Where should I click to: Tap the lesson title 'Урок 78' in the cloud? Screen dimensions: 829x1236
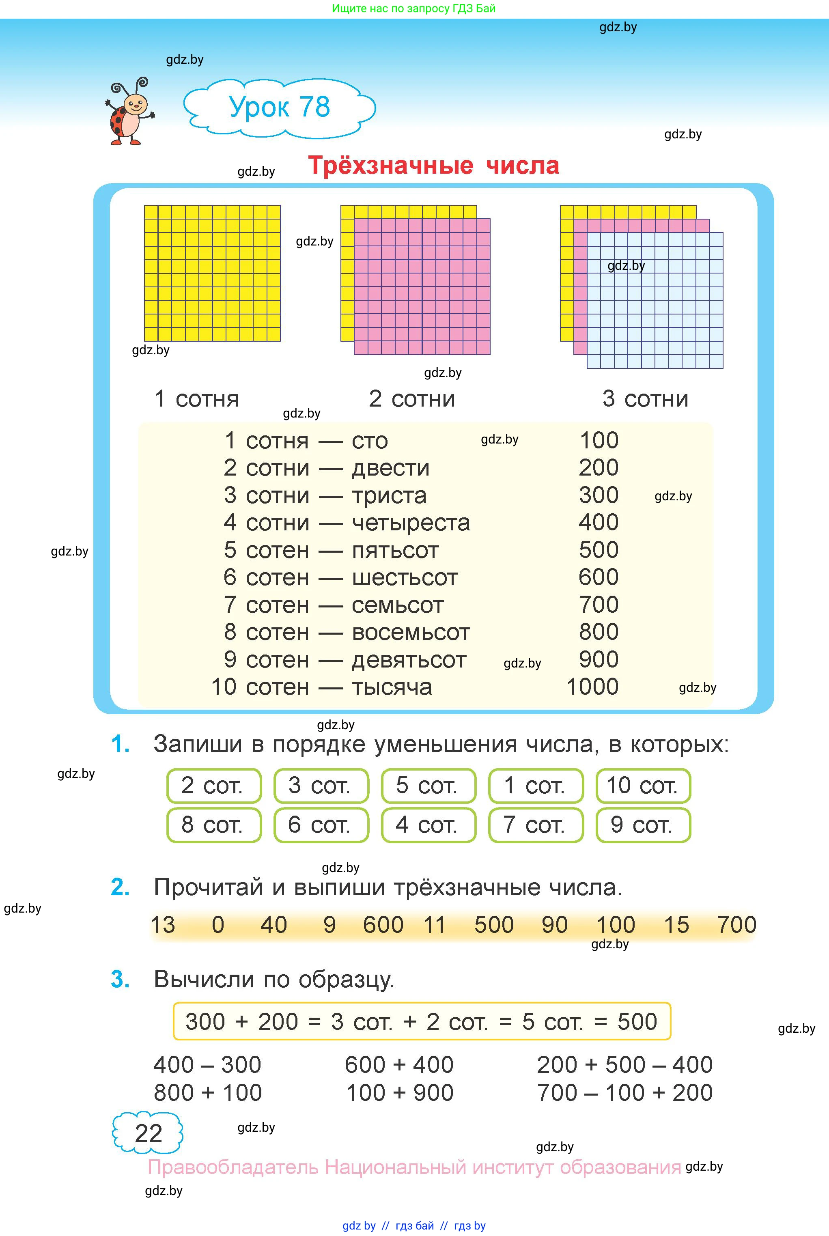pyautogui.click(x=280, y=107)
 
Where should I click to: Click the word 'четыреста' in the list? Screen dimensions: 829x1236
pyautogui.click(x=411, y=523)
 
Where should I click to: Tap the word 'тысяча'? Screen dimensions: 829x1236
pyautogui.click(x=392, y=687)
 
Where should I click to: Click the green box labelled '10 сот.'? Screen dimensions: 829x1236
pyautogui.click(x=643, y=786)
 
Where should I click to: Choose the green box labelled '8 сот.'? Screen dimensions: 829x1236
pyautogui.click(x=213, y=825)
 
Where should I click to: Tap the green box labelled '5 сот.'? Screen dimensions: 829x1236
pyautogui.click(x=428, y=786)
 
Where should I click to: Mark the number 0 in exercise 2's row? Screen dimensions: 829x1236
pyautogui.click(x=218, y=925)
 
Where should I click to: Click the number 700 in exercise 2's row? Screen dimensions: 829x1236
pyautogui.click(x=736, y=925)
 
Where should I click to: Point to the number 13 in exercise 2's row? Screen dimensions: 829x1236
pyautogui.click(x=163, y=925)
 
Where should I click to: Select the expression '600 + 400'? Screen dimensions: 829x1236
pyautogui.click(x=399, y=1065)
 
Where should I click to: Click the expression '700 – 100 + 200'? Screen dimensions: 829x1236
pyautogui.click(x=625, y=1093)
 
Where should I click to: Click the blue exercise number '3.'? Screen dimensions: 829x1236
pyautogui.click(x=121, y=980)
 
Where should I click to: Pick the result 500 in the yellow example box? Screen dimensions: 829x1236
pyautogui.click(x=637, y=1022)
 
